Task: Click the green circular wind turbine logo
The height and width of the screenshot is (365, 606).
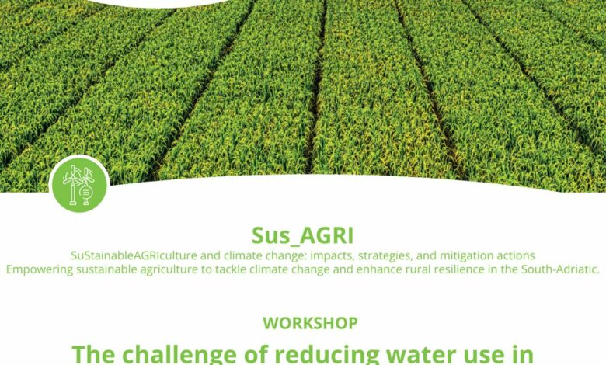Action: [x=79, y=184]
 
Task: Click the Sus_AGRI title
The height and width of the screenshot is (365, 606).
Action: [x=303, y=235]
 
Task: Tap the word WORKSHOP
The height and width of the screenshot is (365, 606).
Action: [x=310, y=323]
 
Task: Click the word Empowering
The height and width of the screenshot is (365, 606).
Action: [x=40, y=269]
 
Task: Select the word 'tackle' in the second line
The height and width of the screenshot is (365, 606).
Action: [x=230, y=269]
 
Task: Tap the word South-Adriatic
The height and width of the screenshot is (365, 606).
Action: [x=560, y=269]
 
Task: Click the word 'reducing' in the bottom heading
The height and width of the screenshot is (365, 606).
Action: [x=317, y=355]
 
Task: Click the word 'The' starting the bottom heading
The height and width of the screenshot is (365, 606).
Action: [x=93, y=354]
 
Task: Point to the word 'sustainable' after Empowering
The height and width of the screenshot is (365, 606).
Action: [x=106, y=269]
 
